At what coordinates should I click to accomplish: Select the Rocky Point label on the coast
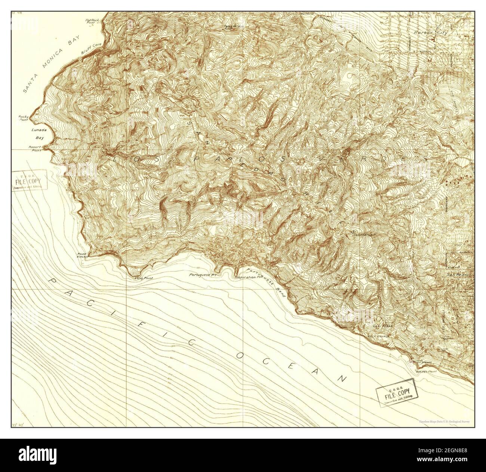pos(24,118)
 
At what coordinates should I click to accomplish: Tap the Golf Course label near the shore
pos(380,336)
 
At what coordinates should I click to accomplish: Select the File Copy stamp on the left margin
pos(30,181)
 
